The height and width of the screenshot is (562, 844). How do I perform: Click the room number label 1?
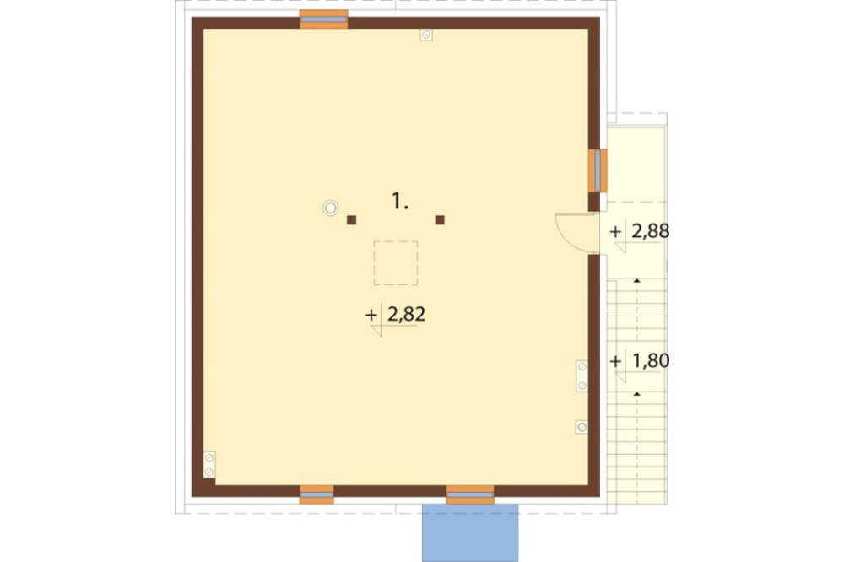[x=399, y=202]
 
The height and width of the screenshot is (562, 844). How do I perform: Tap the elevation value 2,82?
[x=407, y=314]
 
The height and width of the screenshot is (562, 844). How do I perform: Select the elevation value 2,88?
[x=650, y=231]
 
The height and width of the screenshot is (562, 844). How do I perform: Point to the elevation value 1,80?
[x=651, y=360]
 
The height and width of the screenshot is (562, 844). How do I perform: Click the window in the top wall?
[x=323, y=19]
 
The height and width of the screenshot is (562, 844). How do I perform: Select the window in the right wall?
[x=598, y=170]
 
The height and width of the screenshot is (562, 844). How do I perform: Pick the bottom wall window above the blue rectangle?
[x=470, y=494]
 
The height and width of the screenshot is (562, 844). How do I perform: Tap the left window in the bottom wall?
[x=316, y=494]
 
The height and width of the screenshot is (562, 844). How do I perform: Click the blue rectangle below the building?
[x=470, y=533]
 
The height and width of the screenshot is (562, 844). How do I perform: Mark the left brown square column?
[x=351, y=219]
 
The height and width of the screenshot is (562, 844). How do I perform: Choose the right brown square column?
[x=440, y=219]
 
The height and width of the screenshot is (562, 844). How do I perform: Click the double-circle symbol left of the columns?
[x=330, y=208]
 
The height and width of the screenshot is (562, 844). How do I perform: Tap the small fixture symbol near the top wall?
[x=426, y=35]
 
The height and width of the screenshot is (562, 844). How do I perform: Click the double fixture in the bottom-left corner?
[x=209, y=465]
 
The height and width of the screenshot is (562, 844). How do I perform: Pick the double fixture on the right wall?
[x=582, y=376]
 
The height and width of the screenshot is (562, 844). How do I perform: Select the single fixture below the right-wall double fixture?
[x=582, y=428]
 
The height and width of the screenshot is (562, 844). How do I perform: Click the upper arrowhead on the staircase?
[x=636, y=280]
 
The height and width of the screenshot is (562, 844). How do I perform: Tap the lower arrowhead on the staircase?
[x=636, y=394]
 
